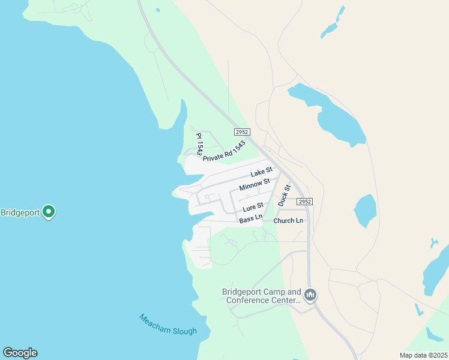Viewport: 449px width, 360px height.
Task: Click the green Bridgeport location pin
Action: point(49,212)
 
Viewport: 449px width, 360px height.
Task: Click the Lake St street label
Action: point(261,173)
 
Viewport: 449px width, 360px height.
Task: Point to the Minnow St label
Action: point(255,185)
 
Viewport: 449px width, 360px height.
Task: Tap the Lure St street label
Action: point(253,208)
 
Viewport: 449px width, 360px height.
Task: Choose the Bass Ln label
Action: point(251,220)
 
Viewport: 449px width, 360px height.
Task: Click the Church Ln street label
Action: point(288,221)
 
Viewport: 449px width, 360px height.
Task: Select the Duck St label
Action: point(285,196)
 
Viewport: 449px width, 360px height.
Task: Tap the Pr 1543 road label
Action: point(199,145)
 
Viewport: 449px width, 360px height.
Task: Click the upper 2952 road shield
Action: point(242,132)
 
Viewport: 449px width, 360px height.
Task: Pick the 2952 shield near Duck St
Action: point(305,202)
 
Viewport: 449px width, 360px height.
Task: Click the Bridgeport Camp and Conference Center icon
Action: point(310,295)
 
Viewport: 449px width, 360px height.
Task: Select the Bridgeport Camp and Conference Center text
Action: point(262,296)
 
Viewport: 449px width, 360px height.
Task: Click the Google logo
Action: point(20,353)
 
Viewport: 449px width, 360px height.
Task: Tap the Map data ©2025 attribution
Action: point(423,355)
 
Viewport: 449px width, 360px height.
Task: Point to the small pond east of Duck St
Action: point(365,211)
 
